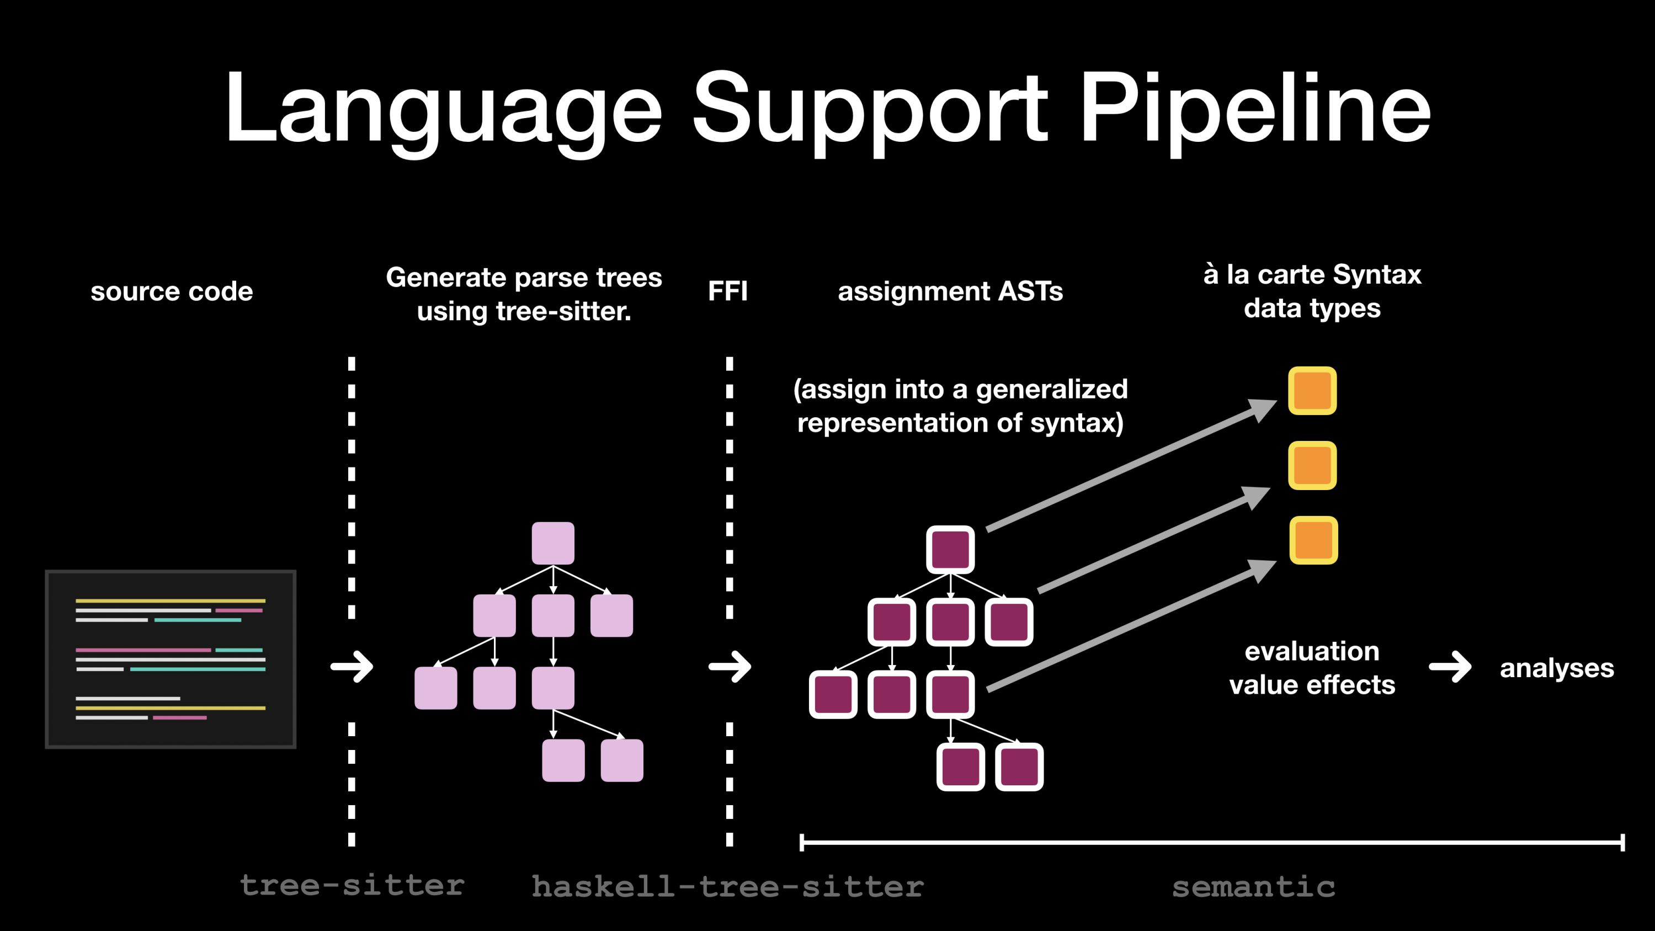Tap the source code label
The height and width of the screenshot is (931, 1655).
tap(172, 291)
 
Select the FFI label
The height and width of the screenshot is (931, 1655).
tap(727, 291)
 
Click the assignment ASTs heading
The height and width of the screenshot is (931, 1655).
tap(950, 291)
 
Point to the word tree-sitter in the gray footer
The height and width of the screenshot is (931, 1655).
tap(352, 885)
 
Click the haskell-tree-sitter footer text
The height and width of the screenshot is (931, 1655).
tap(727, 886)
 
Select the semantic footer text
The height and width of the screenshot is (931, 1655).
tap(1253, 887)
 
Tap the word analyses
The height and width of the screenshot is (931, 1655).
tap(1556, 668)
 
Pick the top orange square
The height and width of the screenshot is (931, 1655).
tap(1312, 391)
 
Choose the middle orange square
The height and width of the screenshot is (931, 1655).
tap(1312, 465)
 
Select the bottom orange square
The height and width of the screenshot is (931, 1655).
tap(1313, 540)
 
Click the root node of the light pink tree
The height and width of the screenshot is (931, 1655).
tap(552, 543)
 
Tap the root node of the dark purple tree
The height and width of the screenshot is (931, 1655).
tap(950, 549)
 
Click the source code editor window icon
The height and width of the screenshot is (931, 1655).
tap(171, 658)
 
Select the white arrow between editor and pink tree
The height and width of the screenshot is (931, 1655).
tap(352, 667)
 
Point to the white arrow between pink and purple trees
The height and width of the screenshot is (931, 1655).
tap(730, 667)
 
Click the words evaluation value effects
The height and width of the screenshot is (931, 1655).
tap(1312, 668)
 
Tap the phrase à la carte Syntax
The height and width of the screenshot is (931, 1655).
tap(1312, 274)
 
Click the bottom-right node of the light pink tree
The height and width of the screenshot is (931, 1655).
tap(621, 760)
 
